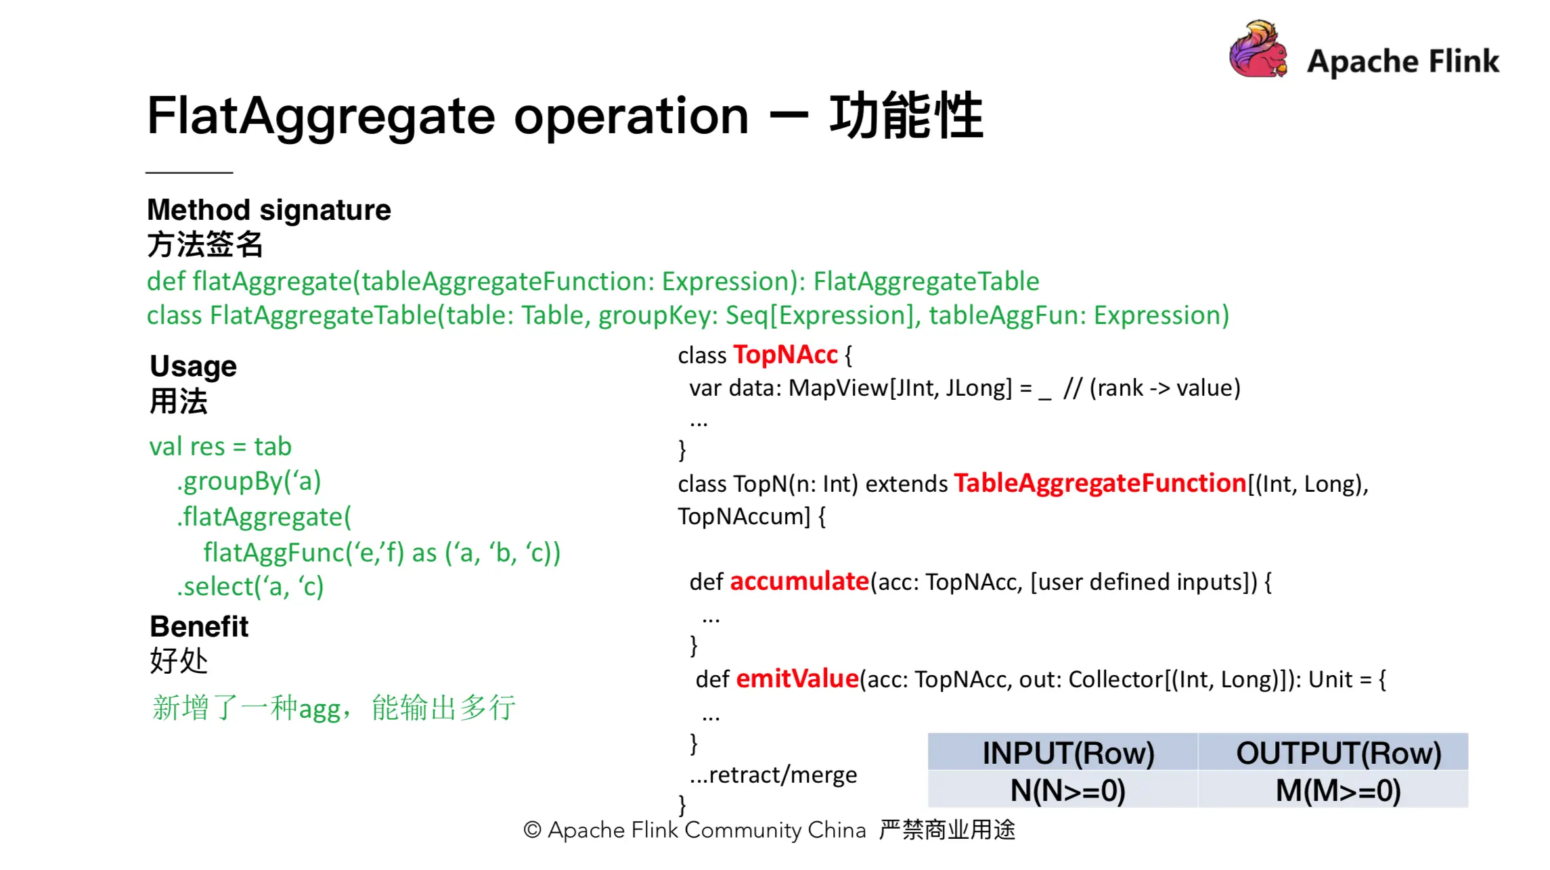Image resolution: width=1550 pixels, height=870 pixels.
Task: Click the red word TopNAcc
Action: coord(785,355)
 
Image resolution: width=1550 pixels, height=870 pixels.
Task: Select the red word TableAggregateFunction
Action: coord(1100,484)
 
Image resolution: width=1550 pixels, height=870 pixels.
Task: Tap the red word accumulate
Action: coord(799,582)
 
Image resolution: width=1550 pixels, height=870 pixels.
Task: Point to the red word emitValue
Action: coord(797,679)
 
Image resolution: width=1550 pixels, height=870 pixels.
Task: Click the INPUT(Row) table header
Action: coord(1068,753)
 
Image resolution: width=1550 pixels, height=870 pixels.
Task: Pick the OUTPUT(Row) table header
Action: coord(1338,753)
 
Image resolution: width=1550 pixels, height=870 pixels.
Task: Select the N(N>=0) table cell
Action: coord(1068,790)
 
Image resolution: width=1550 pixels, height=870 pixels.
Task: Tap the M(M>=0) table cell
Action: coord(1338,790)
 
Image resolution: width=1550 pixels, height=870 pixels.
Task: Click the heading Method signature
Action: coord(269,210)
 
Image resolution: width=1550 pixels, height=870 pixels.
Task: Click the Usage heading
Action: coord(193,366)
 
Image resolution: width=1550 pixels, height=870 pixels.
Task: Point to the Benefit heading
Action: coord(199,626)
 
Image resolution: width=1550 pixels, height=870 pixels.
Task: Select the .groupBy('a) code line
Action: coord(248,481)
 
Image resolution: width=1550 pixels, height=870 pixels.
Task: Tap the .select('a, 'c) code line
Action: coord(250,587)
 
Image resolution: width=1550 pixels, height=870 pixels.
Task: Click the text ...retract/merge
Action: coord(774,775)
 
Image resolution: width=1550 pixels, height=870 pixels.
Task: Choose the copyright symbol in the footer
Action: coord(533,830)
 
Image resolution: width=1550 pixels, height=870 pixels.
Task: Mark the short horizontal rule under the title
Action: coord(189,173)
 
